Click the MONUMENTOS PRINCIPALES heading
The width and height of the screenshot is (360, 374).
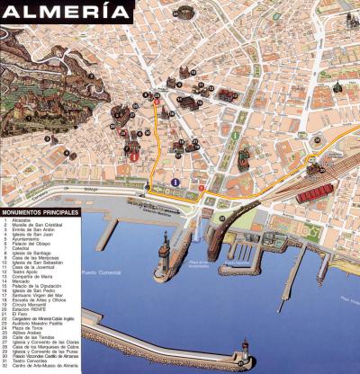pos(40,212)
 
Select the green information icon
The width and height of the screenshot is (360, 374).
pos(235,136)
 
